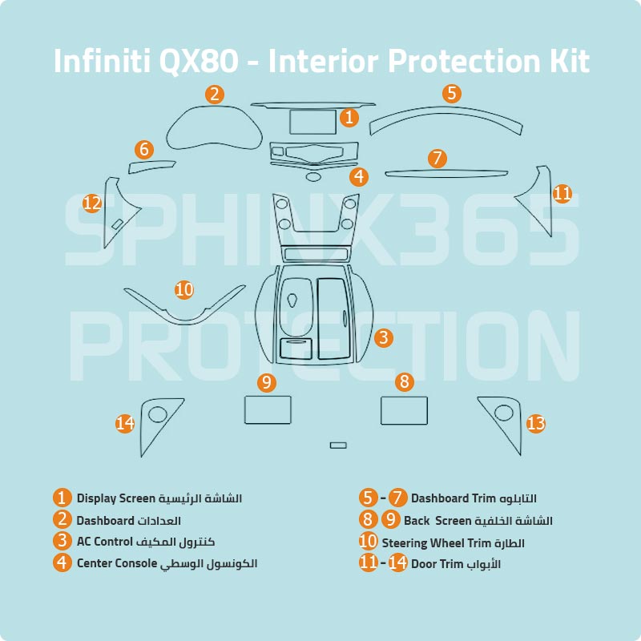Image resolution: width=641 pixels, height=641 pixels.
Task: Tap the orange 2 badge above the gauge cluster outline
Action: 214,95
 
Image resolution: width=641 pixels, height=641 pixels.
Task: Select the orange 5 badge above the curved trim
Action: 452,94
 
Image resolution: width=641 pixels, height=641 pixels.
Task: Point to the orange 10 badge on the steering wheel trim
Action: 184,289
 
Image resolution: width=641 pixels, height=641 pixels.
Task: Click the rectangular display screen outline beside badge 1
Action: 312,122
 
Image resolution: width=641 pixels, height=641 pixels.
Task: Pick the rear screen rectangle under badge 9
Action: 267,409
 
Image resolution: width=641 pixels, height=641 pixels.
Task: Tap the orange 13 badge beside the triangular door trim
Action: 535,422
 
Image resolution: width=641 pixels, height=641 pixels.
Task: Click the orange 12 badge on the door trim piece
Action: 92,204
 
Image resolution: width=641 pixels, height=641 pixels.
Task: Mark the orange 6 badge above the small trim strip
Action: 144,149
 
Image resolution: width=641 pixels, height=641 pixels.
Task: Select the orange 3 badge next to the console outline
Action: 385,337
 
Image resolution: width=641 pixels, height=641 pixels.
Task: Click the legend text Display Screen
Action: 115,498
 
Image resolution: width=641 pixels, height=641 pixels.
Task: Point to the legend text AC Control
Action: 104,541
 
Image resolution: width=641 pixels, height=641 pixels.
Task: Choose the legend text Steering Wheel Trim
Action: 435,542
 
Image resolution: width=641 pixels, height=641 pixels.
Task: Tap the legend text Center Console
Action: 116,562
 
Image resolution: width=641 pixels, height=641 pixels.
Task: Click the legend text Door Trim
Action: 437,563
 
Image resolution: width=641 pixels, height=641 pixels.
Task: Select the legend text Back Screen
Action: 437,520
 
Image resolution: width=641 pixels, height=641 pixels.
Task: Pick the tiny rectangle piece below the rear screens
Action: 338,445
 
